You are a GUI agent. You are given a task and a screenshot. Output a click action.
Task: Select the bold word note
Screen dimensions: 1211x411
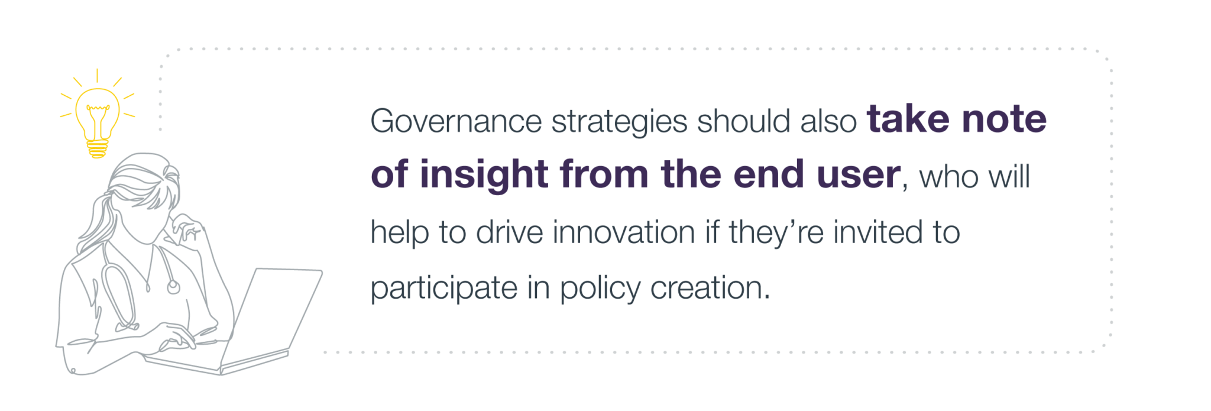(x=1004, y=119)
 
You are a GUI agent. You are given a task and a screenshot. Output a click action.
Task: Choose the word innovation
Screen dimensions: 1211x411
(x=624, y=232)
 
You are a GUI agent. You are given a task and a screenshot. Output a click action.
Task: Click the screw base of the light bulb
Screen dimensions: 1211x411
(x=98, y=148)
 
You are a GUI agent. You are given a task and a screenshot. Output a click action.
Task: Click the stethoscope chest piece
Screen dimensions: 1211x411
(x=173, y=287)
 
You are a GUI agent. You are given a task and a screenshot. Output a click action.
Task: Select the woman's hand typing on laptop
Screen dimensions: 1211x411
(x=176, y=338)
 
